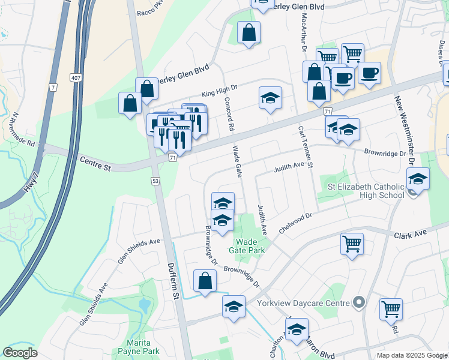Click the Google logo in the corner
(20, 353)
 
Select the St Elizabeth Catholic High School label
(366, 191)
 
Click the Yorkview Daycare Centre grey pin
(359, 303)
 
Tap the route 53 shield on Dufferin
(155, 181)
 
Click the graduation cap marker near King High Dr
(271, 97)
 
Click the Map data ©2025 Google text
(412, 355)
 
